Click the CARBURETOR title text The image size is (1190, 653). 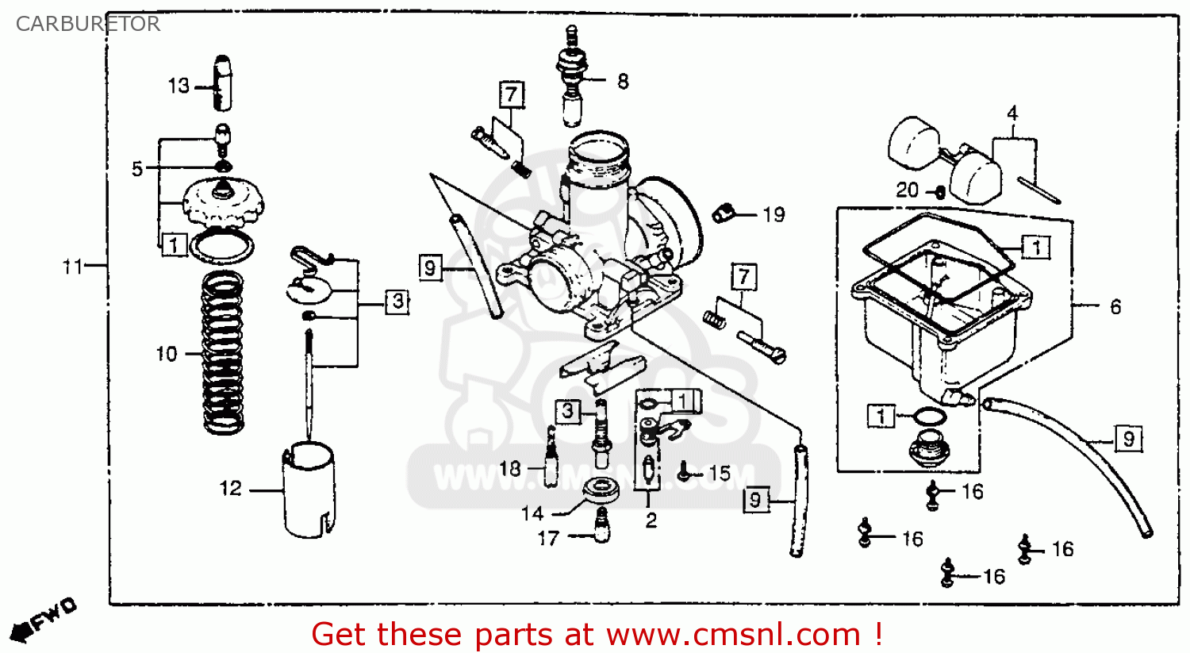point(87,24)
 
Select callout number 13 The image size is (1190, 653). point(178,86)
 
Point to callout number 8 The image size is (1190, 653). point(623,81)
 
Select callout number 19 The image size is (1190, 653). point(773,214)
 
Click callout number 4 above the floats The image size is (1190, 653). point(1012,113)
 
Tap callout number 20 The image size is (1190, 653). point(907,190)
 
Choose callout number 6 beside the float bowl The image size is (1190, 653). point(1115,306)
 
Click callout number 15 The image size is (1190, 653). point(719,474)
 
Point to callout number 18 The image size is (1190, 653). point(510,468)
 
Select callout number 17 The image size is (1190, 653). point(548,539)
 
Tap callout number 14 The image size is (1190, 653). point(532,513)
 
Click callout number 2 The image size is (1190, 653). point(651,520)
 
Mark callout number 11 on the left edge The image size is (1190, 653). point(72,267)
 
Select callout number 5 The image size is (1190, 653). point(137,169)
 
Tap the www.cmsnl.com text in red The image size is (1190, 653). point(733,635)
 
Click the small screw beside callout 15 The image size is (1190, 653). point(683,474)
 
